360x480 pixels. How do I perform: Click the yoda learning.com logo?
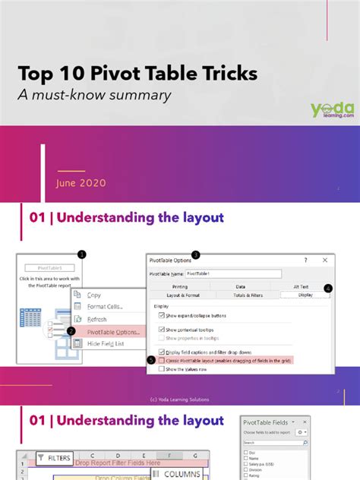(333, 110)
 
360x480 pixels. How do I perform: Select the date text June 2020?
(81, 183)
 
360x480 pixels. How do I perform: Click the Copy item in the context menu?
(94, 295)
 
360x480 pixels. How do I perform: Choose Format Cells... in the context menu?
(105, 306)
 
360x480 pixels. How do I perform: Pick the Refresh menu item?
(97, 319)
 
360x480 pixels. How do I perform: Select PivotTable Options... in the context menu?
(113, 331)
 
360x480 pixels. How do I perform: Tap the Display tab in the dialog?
(305, 294)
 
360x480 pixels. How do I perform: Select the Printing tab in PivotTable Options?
(179, 286)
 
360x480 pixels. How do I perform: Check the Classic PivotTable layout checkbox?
(162, 361)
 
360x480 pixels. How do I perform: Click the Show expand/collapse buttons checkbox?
(162, 316)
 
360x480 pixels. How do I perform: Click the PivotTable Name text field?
(232, 273)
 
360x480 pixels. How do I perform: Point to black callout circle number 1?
(81, 254)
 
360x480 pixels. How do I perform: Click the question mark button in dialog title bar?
(306, 260)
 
